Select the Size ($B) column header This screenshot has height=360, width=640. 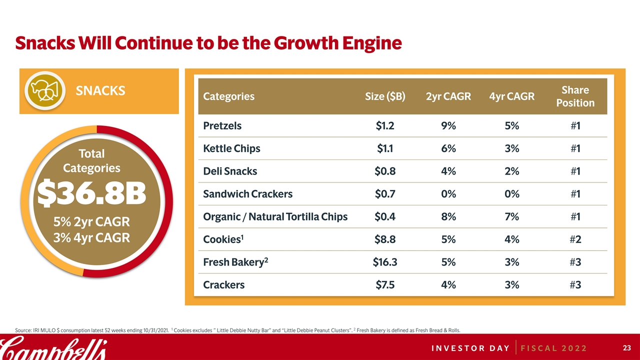coord(385,96)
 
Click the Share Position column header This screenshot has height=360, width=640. coord(575,96)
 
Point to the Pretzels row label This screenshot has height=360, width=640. coord(222,126)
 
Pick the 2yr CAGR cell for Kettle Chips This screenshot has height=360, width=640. coord(448,148)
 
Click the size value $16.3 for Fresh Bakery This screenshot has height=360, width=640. coord(385,262)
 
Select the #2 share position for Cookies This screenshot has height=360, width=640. coord(575,239)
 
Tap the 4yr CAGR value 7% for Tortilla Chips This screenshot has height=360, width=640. coord(512,217)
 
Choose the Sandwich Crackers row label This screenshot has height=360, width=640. coord(247,194)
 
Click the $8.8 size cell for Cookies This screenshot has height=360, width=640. coord(385,239)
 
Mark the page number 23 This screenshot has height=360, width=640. coord(625,347)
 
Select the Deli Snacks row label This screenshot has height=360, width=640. coord(230,171)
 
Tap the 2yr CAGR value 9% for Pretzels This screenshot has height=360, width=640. coord(448,126)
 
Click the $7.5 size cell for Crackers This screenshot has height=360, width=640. coord(385,285)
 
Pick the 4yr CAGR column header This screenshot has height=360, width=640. coord(512,96)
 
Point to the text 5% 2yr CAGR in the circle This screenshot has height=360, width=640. coord(92,221)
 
